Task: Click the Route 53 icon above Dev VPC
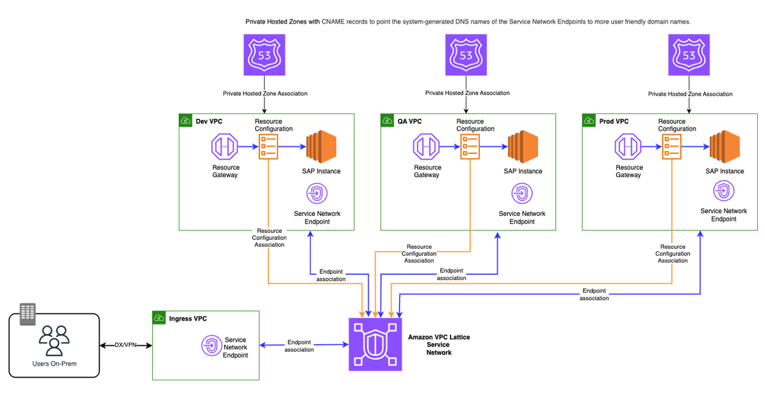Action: (265, 55)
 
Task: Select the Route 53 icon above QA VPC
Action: (466, 55)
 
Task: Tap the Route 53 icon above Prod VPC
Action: (689, 55)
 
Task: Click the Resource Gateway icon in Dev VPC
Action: (225, 148)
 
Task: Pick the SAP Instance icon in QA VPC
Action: (523, 147)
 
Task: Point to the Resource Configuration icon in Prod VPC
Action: (671, 147)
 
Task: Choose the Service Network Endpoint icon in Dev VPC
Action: (317, 194)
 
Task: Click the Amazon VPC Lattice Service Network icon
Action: (375, 344)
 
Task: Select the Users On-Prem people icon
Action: (54, 340)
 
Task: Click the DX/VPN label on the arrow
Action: (126, 345)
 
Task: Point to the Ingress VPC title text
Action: (188, 318)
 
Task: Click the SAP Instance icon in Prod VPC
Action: (725, 147)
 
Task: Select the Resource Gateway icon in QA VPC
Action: (426, 148)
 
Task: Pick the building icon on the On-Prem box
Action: (27, 314)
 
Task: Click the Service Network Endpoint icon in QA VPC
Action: (521, 194)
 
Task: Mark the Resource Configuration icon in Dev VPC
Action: (268, 147)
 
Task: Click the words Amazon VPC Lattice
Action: (438, 337)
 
